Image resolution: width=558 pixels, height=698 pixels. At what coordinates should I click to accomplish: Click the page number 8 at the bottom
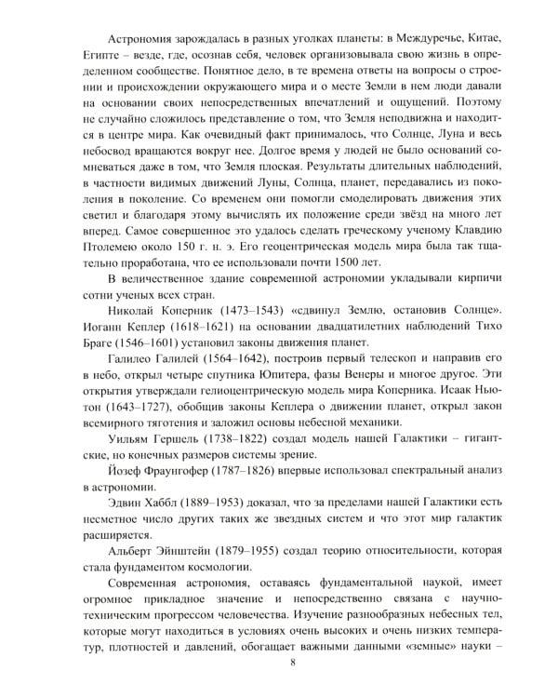click(x=293, y=663)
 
